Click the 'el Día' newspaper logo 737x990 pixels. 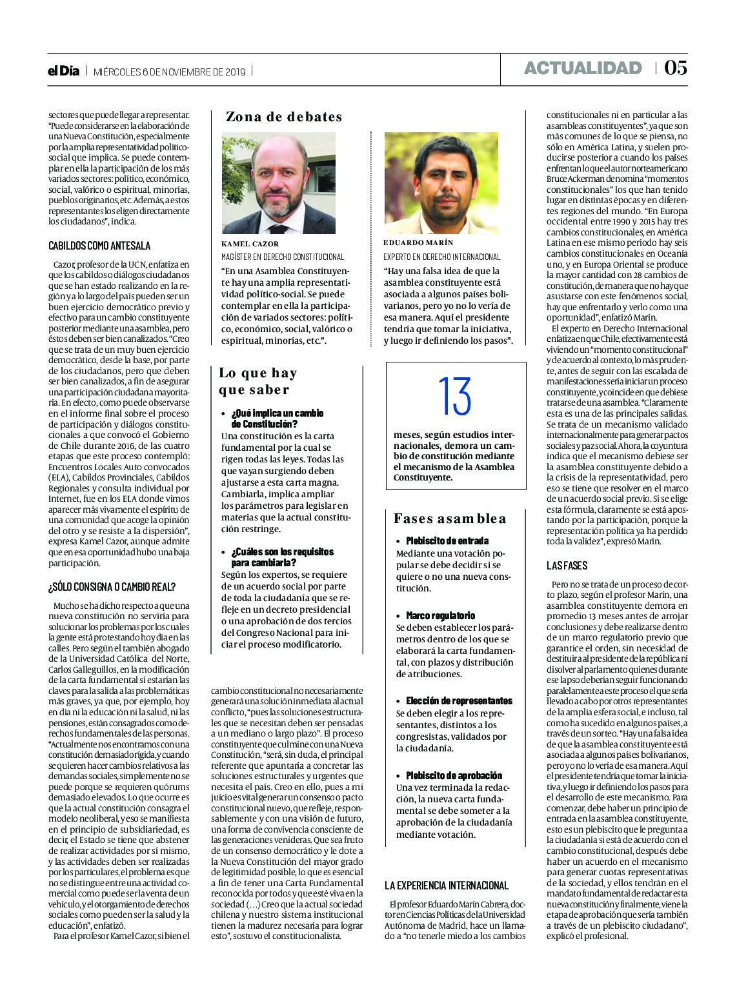(x=63, y=71)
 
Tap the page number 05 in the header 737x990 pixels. (x=675, y=68)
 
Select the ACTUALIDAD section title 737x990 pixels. (x=583, y=68)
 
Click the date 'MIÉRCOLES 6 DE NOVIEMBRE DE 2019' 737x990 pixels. (x=170, y=72)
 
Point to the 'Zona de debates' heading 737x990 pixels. (x=284, y=117)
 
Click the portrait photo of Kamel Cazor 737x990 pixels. (x=279, y=184)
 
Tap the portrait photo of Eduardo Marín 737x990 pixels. (x=441, y=184)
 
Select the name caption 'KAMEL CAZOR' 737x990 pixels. (x=250, y=244)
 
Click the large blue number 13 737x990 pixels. (x=455, y=396)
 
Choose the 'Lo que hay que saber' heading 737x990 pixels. (x=257, y=381)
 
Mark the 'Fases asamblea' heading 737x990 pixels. (x=450, y=519)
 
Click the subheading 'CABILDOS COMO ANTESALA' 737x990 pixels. (x=99, y=246)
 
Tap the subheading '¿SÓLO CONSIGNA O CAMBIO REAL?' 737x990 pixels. (x=112, y=587)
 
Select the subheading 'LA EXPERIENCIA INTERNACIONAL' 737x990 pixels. (x=447, y=886)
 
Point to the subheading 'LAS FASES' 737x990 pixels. (x=567, y=566)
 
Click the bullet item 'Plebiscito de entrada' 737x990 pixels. (x=447, y=541)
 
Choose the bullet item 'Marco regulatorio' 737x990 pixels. (x=441, y=616)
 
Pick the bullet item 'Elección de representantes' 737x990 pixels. (x=459, y=701)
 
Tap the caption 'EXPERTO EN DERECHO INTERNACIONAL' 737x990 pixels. (x=442, y=257)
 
